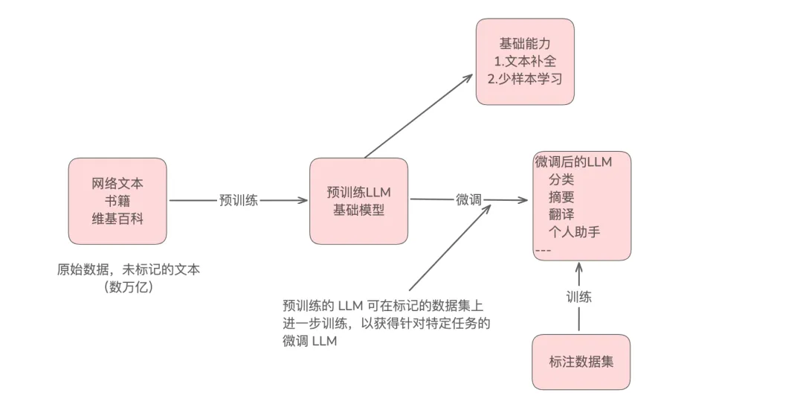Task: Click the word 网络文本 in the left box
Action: click(x=117, y=183)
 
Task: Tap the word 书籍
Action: click(x=117, y=201)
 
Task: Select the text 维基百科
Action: click(x=117, y=219)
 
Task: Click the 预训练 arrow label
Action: click(x=239, y=200)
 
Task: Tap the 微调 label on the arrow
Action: click(x=468, y=199)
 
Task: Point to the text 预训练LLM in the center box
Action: click(x=358, y=192)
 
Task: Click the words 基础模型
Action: click(x=358, y=210)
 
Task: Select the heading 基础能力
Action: click(x=525, y=43)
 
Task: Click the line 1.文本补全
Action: click(x=525, y=61)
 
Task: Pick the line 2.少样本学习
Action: click(x=525, y=79)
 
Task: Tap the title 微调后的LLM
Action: click(x=573, y=161)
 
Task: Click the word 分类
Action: click(x=561, y=179)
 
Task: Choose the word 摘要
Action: click(x=561, y=197)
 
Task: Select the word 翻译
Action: click(x=561, y=214)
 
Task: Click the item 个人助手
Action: click(x=574, y=232)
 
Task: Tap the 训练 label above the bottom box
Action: click(x=579, y=297)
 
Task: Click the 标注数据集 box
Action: click(x=581, y=362)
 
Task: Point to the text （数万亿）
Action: click(x=129, y=287)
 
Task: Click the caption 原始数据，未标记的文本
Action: click(x=129, y=269)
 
